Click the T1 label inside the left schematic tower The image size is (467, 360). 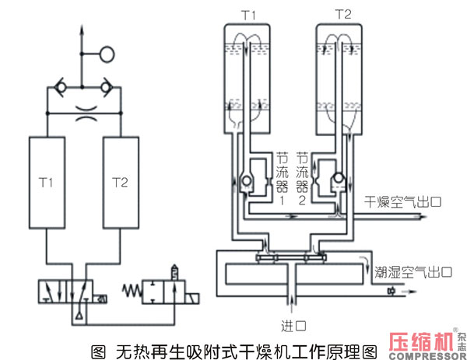click(46, 183)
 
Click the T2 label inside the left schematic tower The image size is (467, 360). click(120, 183)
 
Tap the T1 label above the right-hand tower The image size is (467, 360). click(248, 16)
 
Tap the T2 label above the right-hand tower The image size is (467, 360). click(343, 14)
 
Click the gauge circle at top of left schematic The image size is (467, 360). click(107, 54)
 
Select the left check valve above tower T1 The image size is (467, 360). click(61, 87)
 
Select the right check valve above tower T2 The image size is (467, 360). click(107, 87)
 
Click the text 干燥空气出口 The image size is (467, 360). click(402, 202)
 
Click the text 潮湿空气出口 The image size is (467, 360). click(413, 272)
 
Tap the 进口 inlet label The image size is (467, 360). click(293, 326)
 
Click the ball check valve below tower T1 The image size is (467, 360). click(247, 180)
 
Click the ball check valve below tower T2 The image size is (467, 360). click(339, 178)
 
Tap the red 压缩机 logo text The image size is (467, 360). click(422, 342)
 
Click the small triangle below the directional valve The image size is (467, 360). click(79, 316)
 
